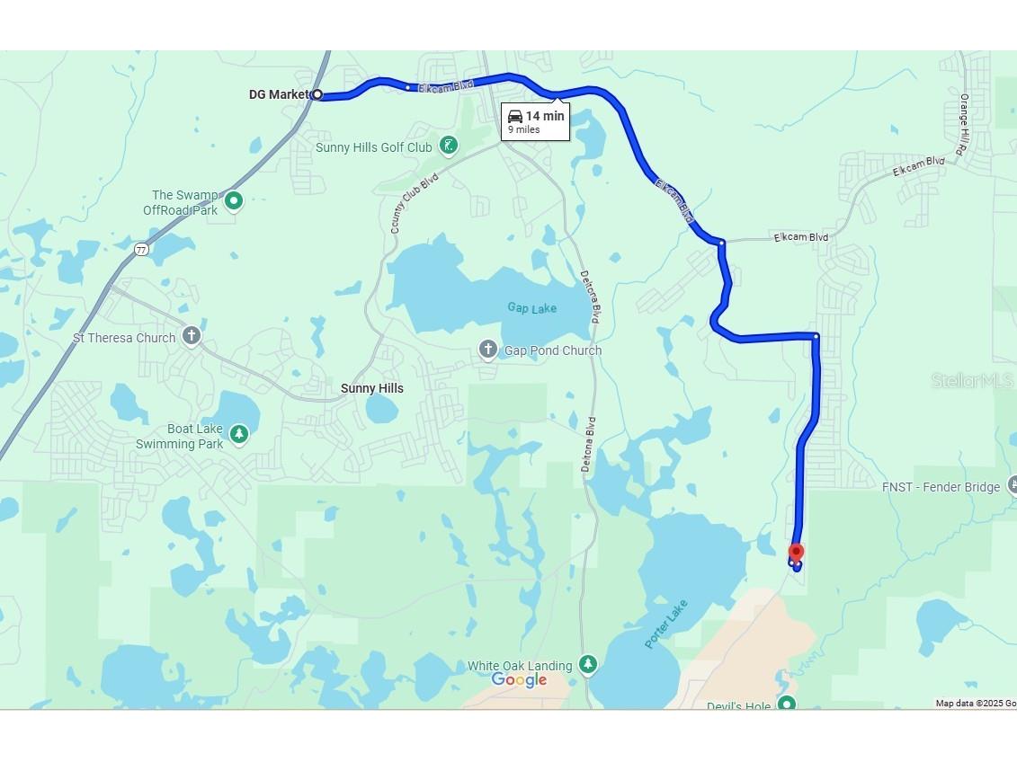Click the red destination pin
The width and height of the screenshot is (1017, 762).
796,553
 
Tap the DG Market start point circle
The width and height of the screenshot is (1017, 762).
317,94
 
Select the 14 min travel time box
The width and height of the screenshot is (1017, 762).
535,121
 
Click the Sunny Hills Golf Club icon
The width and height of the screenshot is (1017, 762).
449,146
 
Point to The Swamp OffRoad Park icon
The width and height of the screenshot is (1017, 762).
234,200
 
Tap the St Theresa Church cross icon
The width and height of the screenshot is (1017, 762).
191,336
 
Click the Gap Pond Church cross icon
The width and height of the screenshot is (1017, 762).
487,350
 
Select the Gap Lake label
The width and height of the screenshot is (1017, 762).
531,308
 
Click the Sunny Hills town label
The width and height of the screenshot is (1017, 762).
371,388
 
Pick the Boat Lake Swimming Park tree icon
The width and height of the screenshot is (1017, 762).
238,435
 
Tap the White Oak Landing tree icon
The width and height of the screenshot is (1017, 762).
587,664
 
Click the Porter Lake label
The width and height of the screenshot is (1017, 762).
666,624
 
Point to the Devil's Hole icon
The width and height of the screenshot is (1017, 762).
787,704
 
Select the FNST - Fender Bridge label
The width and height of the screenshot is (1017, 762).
941,487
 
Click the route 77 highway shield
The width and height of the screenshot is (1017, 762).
141,249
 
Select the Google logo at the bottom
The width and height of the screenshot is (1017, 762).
519,680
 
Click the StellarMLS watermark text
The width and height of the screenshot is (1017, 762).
972,381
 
